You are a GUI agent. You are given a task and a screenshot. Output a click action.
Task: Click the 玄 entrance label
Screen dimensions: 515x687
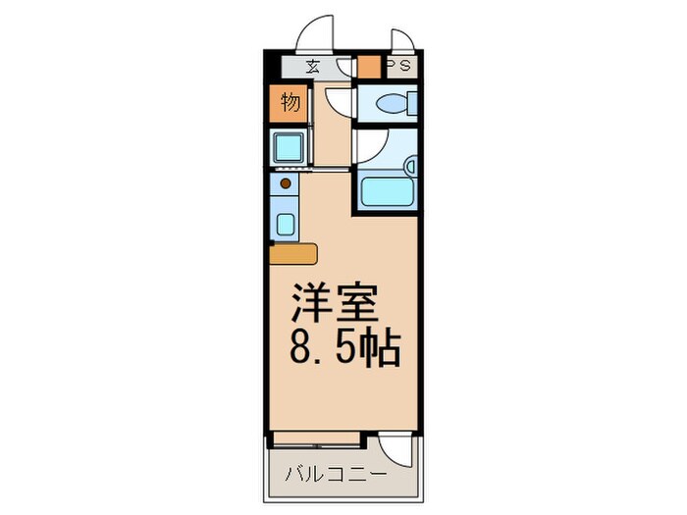[312, 68]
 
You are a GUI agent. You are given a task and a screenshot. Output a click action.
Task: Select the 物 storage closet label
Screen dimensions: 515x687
[291, 102]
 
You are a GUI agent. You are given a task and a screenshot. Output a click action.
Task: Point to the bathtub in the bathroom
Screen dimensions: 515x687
[388, 190]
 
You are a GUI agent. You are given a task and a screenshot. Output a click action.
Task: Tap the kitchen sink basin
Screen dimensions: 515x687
[286, 223]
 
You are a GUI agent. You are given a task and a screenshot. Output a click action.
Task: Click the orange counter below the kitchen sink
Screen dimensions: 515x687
[293, 253]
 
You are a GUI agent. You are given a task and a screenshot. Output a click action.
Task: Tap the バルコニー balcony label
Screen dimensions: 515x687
[335, 475]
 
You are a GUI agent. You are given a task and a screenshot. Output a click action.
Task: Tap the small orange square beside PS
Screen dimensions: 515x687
[368, 69]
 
